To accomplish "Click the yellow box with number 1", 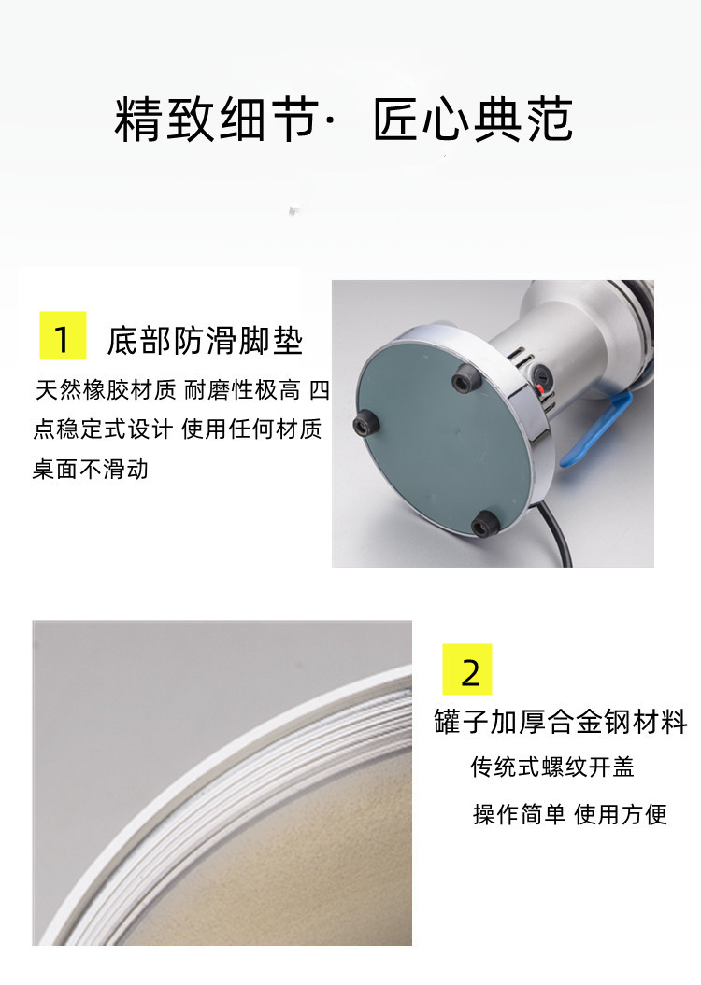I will coord(63,335).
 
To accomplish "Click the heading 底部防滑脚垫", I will coord(205,341).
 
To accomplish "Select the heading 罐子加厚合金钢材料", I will coord(561,722).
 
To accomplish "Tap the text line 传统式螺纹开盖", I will coord(552,767).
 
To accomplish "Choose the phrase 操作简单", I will coord(519,814).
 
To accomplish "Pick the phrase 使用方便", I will coord(621,814).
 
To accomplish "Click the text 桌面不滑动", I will coord(91,469).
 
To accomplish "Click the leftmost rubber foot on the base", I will coord(365,427).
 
